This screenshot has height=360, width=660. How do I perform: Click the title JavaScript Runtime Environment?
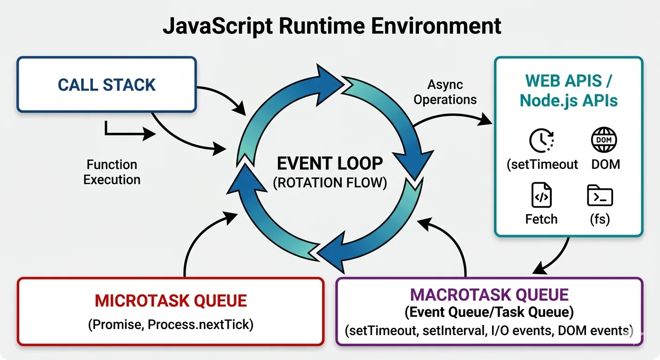point(331,26)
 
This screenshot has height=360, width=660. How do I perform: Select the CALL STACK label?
point(106,85)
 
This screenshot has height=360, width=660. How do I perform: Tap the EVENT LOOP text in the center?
point(330,164)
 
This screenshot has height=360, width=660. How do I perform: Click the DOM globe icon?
point(604,140)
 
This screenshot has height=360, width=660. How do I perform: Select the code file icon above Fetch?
point(541,196)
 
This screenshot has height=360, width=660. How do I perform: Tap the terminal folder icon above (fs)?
point(600,196)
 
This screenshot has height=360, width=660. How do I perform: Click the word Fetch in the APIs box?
point(541,219)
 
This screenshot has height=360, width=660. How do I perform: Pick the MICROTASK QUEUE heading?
point(171,300)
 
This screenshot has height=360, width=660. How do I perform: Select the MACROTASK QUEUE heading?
point(489,295)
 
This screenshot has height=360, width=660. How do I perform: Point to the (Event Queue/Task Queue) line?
point(489,312)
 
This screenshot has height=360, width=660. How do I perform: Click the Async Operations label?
point(445,92)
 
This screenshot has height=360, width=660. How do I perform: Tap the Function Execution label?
point(112,172)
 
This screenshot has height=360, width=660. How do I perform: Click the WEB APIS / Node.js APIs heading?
point(568,90)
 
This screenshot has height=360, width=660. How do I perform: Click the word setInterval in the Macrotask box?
point(452,331)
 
